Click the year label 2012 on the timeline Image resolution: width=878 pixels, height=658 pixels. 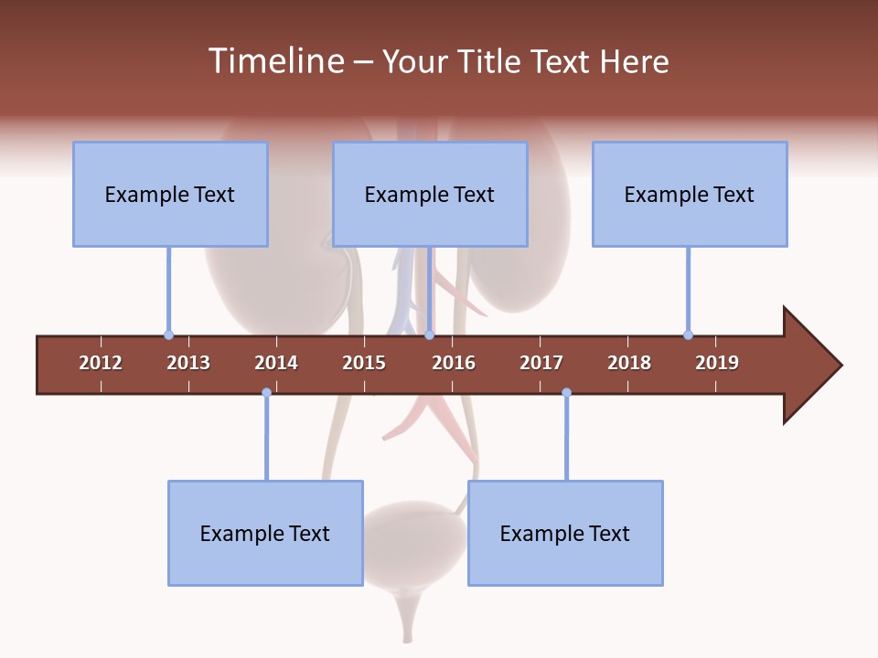(101, 363)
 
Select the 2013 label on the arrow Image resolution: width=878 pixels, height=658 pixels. (188, 363)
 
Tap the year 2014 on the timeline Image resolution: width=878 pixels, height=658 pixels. (276, 363)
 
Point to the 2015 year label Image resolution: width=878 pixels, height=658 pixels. (364, 363)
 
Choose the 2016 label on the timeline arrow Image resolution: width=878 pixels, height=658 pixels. (454, 363)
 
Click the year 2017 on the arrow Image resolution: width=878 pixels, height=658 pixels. (541, 363)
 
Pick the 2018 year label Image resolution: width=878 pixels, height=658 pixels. (629, 363)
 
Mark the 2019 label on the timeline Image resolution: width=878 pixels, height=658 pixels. (717, 363)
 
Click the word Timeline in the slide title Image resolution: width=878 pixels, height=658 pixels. (274, 61)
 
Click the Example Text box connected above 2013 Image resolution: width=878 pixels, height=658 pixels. (170, 194)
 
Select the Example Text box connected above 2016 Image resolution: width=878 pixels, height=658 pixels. (430, 194)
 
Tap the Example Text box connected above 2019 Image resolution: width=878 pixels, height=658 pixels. (690, 194)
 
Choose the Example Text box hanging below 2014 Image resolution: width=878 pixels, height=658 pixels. (265, 533)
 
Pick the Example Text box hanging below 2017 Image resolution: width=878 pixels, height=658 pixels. (565, 533)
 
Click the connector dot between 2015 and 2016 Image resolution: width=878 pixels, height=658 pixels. (429, 334)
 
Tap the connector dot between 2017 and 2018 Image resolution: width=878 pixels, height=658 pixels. (566, 392)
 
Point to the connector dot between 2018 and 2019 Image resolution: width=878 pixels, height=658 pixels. (688, 334)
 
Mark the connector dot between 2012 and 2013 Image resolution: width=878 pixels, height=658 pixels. (168, 334)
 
